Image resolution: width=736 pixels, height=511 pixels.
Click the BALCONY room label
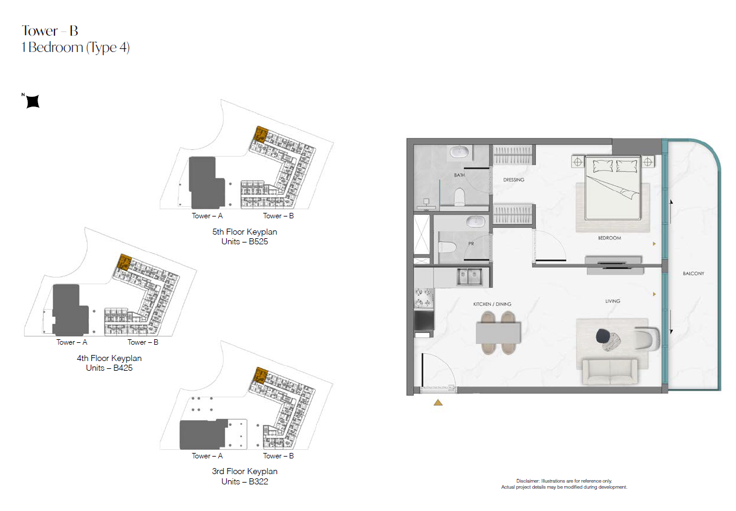pos(693,273)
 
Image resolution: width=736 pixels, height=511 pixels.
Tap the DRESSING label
pos(513,180)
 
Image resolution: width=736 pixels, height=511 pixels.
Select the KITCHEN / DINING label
pos(492,304)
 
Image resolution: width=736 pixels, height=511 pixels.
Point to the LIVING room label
pos(613,301)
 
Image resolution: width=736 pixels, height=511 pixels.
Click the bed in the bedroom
pos(613,187)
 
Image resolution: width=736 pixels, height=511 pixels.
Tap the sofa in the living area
pos(610,372)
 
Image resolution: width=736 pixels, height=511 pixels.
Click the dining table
pos(498,333)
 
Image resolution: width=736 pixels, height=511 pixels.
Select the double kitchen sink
pos(469,276)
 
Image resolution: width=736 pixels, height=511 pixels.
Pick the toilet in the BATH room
pos(460,197)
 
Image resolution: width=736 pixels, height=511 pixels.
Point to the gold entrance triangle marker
pos(438,403)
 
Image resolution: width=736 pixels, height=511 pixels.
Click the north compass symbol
pos(33,101)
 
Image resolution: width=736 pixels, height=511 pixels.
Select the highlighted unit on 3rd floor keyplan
pos(261,376)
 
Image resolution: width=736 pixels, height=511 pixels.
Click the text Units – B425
pos(109,368)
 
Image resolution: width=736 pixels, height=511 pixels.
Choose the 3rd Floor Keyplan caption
pos(244,471)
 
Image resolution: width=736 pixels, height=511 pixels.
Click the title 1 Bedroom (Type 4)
pos(76,48)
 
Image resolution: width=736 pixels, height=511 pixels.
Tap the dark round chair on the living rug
pos(602,336)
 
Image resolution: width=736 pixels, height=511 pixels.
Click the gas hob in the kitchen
pos(424,298)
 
